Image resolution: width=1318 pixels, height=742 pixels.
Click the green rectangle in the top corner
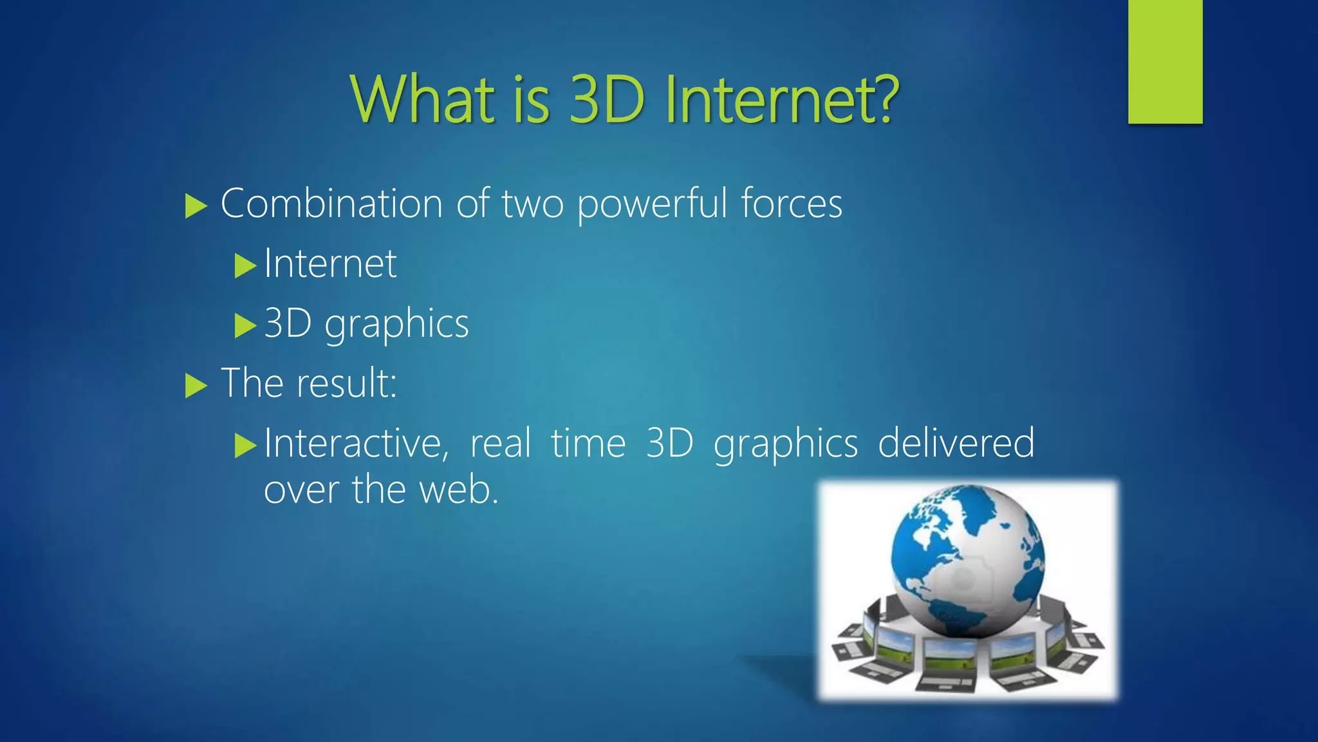1165,61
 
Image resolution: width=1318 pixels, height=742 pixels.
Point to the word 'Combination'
331,204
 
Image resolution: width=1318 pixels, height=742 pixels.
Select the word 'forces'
791,204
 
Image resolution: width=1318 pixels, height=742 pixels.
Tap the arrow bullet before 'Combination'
195,206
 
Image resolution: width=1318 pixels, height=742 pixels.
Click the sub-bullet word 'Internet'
331,263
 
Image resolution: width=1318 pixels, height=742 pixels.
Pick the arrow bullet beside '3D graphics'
245,325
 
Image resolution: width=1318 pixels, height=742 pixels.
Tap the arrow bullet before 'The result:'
195,386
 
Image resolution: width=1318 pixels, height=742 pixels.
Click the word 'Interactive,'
357,444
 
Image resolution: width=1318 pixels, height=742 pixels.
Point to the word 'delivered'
956,444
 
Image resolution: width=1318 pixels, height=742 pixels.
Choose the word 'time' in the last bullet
588,444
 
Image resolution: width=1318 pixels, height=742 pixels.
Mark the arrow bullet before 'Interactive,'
245,445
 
